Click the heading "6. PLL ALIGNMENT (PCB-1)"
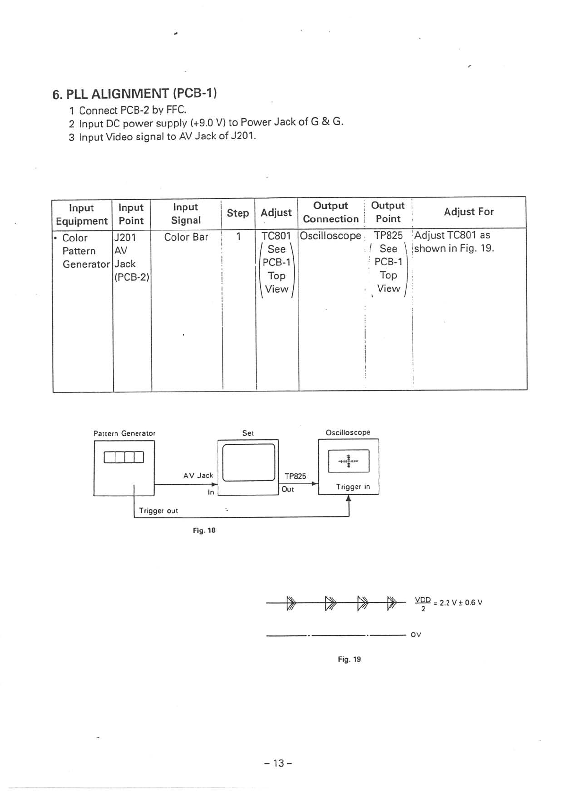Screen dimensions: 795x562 pyautogui.click(x=135, y=93)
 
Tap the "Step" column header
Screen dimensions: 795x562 pyautogui.click(x=238, y=213)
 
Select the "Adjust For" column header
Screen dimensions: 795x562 pyautogui.click(x=468, y=212)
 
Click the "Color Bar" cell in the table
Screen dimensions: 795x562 pyautogui.click(x=186, y=237)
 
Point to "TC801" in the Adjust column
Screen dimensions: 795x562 pyautogui.click(x=276, y=236)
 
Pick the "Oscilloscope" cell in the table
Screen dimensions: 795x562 pyautogui.click(x=330, y=236)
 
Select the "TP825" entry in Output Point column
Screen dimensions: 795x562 pyautogui.click(x=388, y=236)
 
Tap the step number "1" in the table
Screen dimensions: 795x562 pyautogui.click(x=238, y=236)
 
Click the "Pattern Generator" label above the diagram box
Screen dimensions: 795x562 pyautogui.click(x=124, y=433)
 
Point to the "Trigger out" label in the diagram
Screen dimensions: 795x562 pyautogui.click(x=158, y=511)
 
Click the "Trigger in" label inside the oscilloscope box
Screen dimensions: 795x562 pyautogui.click(x=353, y=487)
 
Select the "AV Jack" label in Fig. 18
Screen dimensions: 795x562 pyautogui.click(x=198, y=475)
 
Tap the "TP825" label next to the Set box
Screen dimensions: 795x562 pyautogui.click(x=295, y=476)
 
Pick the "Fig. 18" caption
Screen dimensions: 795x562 pyautogui.click(x=204, y=531)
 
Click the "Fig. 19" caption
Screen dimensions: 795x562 pyautogui.click(x=349, y=659)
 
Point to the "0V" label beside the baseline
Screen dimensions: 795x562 pyautogui.click(x=416, y=634)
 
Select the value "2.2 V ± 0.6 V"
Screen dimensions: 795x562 pyautogui.click(x=460, y=603)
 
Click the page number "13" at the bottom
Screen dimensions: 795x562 pyautogui.click(x=279, y=763)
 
